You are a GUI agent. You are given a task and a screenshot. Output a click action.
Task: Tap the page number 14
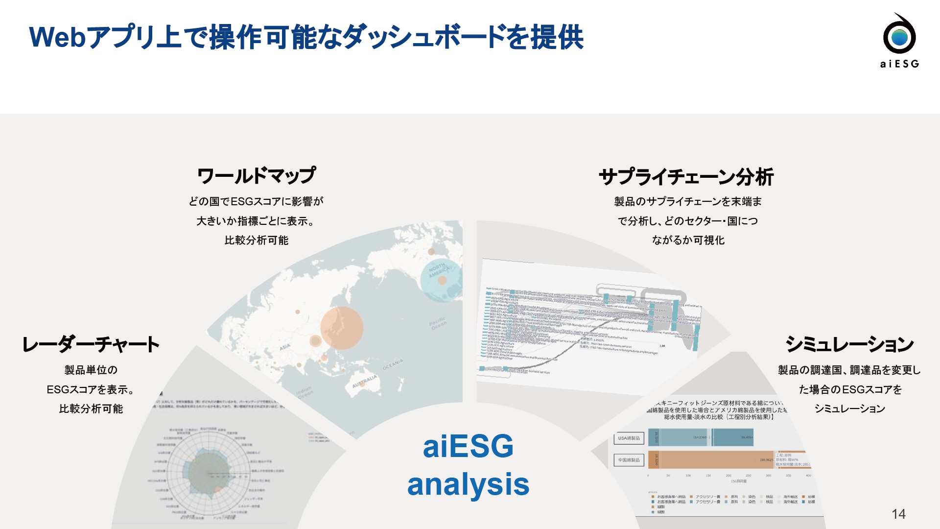[898, 514]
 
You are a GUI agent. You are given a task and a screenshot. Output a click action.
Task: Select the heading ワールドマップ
[256, 176]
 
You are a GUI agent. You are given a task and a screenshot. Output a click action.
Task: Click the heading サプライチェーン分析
[686, 177]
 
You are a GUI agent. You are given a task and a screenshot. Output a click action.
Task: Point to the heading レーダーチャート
[91, 344]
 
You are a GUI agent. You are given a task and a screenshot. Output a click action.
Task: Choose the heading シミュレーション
[849, 344]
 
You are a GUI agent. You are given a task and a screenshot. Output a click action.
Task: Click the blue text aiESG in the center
[468, 446]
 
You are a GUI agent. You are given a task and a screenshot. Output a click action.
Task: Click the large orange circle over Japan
[342, 328]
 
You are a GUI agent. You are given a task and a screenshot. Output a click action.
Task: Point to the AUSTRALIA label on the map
[365, 381]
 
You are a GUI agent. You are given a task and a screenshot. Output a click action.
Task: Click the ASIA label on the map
[284, 347]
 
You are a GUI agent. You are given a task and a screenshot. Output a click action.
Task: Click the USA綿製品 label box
[629, 438]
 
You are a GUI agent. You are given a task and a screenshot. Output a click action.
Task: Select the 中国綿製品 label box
[629, 460]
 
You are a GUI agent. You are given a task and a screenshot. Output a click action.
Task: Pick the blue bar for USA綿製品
[700, 437]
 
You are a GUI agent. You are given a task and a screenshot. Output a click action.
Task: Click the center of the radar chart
[209, 474]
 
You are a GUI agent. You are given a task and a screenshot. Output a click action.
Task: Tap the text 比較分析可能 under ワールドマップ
[256, 240]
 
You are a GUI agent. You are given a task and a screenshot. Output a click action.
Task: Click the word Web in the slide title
[57, 37]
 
